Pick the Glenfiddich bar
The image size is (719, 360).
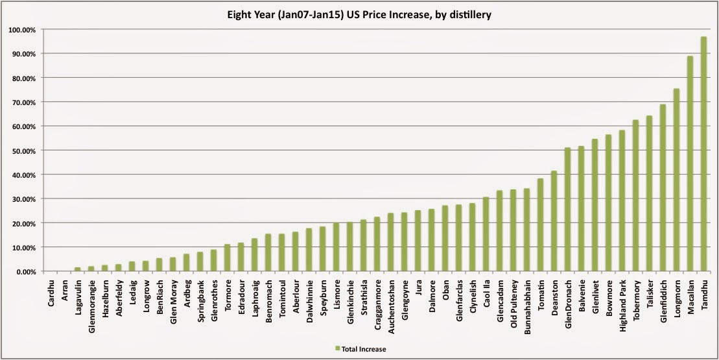(663, 188)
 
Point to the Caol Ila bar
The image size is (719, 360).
(486, 234)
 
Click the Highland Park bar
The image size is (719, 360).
(622, 201)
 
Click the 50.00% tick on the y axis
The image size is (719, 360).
(24, 150)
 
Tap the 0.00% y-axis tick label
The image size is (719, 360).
(25, 272)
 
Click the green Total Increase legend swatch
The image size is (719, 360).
(338, 349)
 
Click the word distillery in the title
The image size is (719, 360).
(470, 14)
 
